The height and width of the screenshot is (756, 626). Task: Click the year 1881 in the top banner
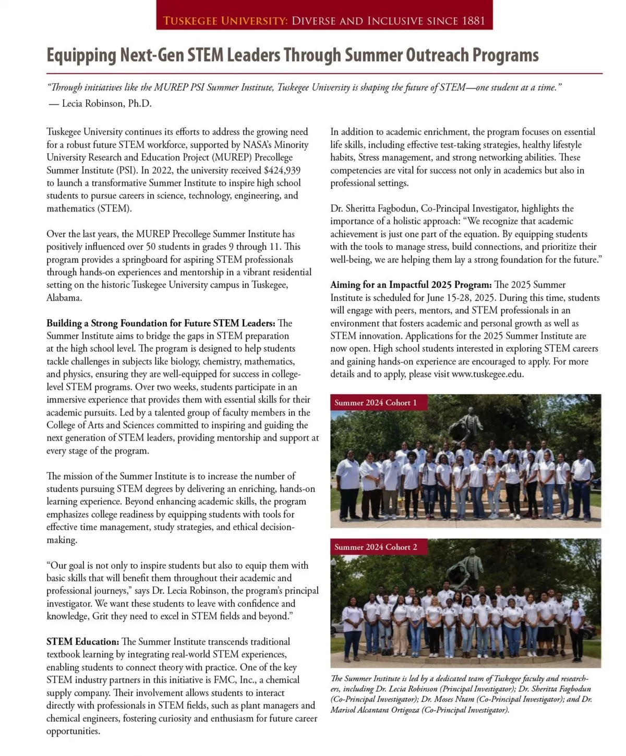pos(473,21)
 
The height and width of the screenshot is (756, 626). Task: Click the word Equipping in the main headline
pos(81,55)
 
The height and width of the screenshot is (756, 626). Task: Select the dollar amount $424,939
pos(282,170)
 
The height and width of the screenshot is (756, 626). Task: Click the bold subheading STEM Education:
pos(82,642)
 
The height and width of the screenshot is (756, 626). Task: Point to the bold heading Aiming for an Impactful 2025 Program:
pos(411,285)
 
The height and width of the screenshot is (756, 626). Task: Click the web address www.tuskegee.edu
pos(487,374)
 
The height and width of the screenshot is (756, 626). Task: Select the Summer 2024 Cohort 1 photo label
pos(376,403)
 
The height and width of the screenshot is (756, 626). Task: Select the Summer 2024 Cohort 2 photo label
pos(376,547)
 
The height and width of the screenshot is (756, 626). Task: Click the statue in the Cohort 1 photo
pos(466,423)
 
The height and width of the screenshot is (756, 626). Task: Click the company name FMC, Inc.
pos(234,680)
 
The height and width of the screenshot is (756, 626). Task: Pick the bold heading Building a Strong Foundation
pos(160,323)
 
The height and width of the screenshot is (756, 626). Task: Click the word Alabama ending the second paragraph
pos(63,298)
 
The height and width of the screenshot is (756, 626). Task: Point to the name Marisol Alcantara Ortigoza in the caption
pos(375,710)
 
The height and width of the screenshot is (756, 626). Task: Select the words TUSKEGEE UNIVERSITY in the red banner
pos(225,21)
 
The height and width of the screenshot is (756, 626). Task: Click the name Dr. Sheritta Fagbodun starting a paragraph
pos(374,209)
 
